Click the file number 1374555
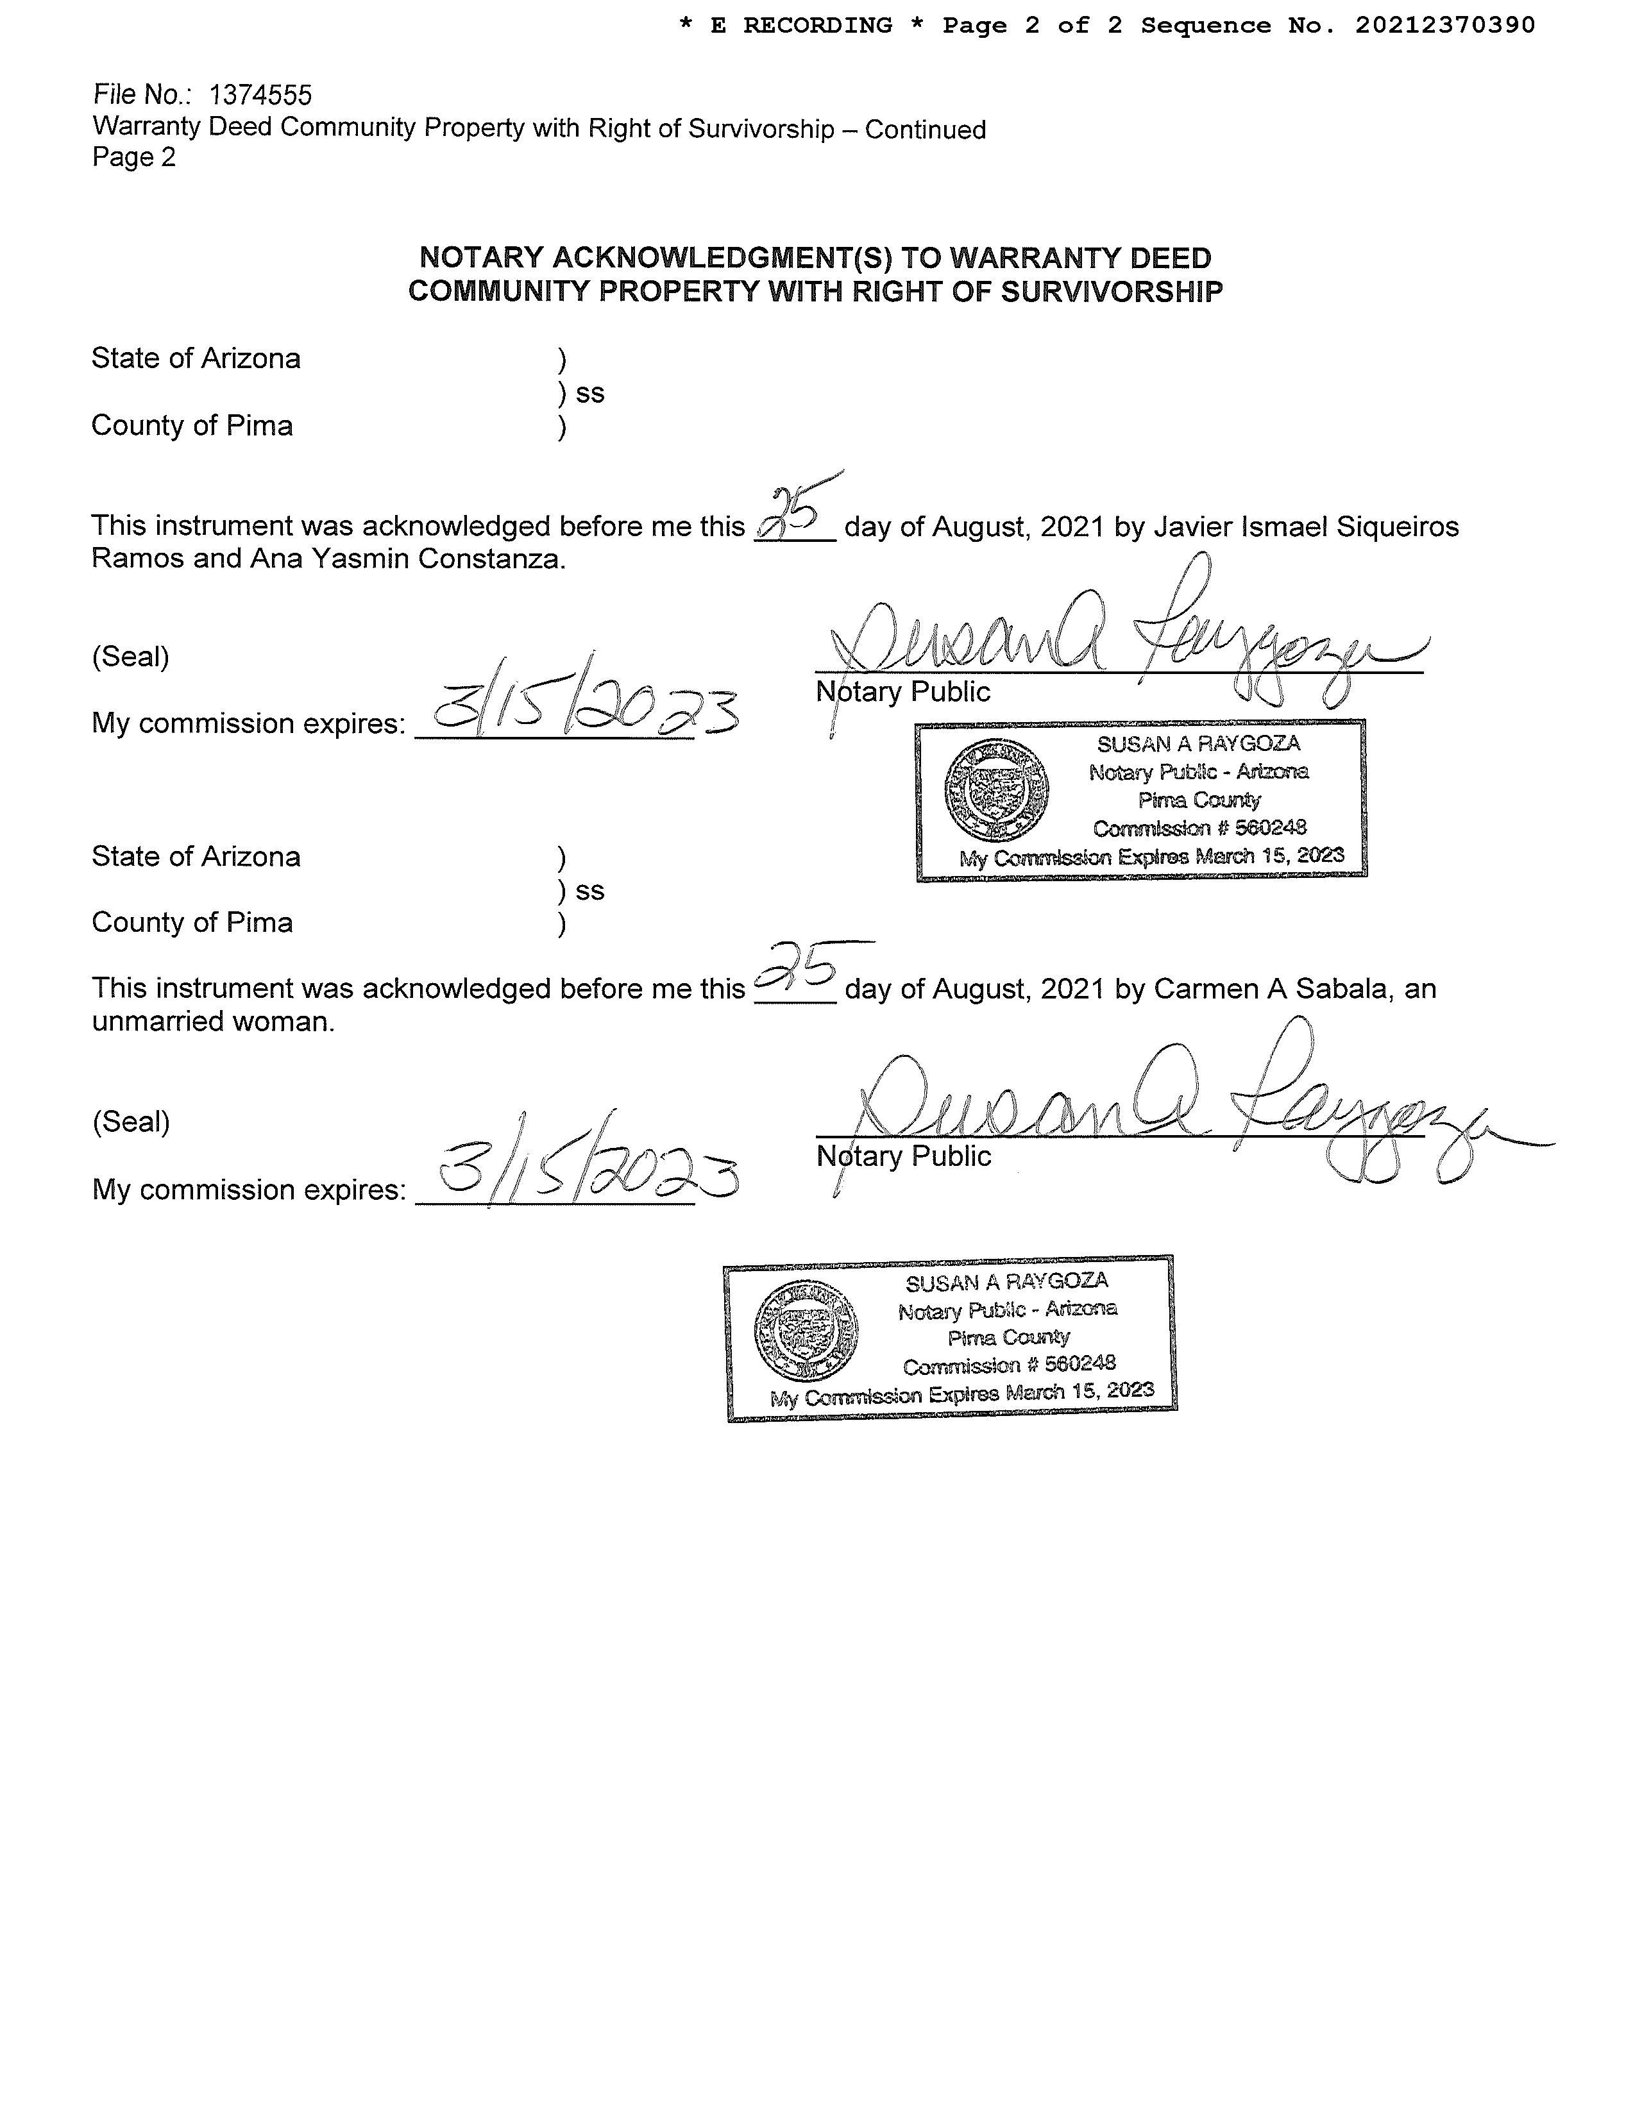(x=260, y=96)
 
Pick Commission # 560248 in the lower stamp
(x=1009, y=1365)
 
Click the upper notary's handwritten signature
(x=1119, y=642)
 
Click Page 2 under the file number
(x=134, y=158)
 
